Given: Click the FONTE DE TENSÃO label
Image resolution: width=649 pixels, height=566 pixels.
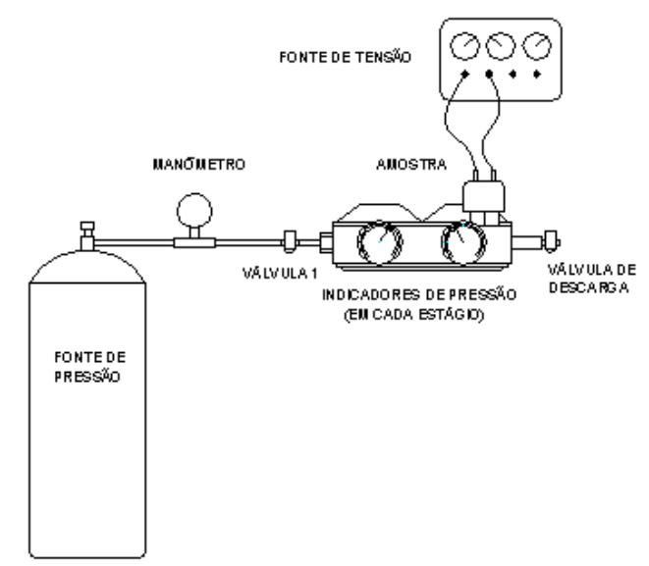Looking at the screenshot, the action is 346,57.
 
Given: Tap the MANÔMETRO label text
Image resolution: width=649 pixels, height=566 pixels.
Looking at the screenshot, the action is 199,164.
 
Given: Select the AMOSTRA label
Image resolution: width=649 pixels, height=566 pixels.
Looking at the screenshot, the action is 411,165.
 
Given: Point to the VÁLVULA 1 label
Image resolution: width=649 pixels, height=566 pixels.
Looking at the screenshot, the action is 280,274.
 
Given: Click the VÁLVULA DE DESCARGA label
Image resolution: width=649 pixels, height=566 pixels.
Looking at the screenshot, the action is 591,279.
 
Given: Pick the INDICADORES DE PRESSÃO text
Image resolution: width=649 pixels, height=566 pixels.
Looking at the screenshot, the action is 419,295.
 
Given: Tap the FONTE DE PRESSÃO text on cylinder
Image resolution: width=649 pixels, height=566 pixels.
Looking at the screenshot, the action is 89,367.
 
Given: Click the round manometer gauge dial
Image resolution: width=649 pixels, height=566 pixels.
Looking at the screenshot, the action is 194,211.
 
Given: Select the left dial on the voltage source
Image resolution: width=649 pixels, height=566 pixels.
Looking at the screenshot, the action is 464,45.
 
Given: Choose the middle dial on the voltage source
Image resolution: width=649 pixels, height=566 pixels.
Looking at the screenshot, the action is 501,45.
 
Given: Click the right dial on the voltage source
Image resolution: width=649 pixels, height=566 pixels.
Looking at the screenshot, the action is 537,45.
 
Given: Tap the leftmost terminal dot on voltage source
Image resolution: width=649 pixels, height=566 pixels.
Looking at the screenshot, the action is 464,74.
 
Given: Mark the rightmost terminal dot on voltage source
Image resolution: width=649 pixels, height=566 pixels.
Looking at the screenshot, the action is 537,74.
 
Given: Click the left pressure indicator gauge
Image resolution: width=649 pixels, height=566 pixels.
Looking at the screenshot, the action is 380,242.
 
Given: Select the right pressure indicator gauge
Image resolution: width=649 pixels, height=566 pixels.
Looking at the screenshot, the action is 464,242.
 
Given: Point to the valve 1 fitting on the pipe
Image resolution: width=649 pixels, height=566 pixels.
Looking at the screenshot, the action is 290,241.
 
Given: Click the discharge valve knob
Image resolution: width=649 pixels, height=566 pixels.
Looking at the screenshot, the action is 552,241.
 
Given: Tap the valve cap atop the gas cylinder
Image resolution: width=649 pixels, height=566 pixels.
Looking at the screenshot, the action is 87,227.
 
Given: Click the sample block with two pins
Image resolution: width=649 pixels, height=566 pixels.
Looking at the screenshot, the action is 483,196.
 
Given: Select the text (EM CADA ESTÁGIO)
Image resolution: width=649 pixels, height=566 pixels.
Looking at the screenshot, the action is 414,315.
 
